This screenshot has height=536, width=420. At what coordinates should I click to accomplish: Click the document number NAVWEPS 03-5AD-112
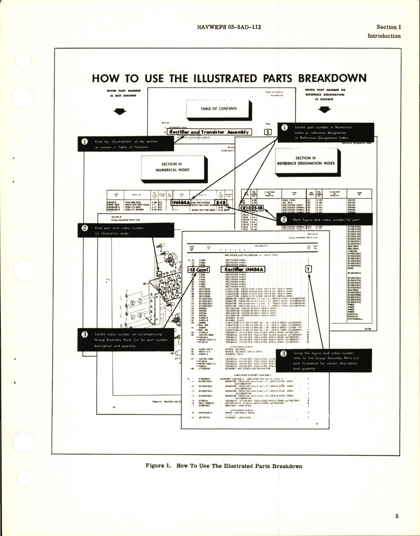(x=228, y=27)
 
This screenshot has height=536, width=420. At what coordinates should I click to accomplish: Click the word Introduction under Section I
(x=384, y=36)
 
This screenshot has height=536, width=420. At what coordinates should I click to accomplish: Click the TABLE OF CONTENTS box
(x=219, y=109)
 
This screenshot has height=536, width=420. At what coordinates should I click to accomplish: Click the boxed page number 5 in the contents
(x=268, y=132)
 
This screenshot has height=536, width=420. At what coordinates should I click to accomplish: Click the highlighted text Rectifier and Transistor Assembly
(x=209, y=132)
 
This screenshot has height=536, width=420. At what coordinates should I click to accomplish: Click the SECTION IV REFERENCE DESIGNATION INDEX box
(x=306, y=161)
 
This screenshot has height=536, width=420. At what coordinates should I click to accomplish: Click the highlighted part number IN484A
(x=180, y=203)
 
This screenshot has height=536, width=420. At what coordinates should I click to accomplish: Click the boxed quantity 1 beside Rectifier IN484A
(x=308, y=270)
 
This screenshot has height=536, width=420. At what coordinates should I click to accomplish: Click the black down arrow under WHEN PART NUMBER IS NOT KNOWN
(x=119, y=112)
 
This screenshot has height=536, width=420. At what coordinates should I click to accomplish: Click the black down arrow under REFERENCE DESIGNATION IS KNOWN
(x=325, y=110)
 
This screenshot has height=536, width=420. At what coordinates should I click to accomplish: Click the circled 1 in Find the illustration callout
(x=85, y=142)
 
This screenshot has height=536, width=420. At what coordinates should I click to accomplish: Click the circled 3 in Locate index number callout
(x=85, y=334)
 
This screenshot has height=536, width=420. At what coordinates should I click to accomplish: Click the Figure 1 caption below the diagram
(x=224, y=466)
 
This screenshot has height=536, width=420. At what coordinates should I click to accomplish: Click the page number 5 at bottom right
(x=397, y=517)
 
